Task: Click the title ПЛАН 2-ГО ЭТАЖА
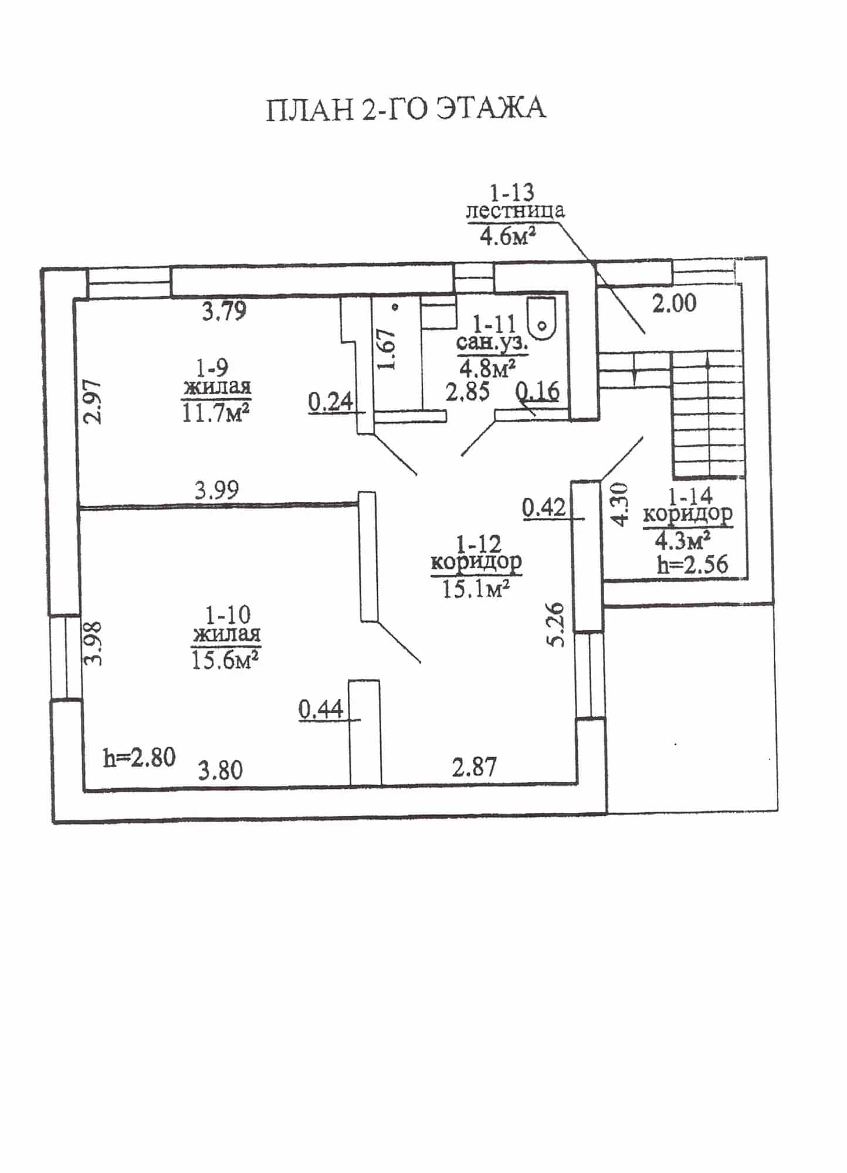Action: tap(406, 109)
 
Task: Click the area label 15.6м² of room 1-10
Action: tap(226, 660)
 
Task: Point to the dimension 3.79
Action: tap(224, 311)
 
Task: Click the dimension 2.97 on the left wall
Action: tap(93, 402)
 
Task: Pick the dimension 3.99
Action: tap(217, 490)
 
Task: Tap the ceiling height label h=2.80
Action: tap(140, 757)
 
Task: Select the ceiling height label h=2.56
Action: tap(693, 564)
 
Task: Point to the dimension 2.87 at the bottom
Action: tap(475, 767)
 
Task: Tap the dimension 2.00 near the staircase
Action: tap(675, 303)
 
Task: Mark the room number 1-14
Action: tap(690, 496)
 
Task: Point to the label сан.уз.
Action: tap(493, 343)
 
